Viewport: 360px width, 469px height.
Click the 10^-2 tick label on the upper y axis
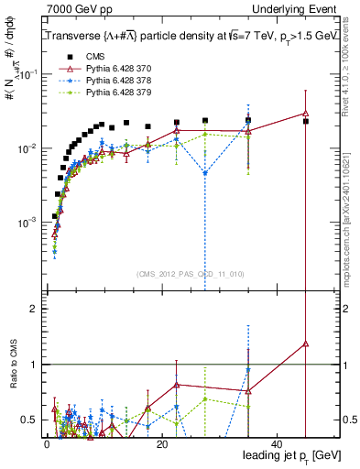26,148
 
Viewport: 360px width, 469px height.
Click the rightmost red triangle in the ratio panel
306,344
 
